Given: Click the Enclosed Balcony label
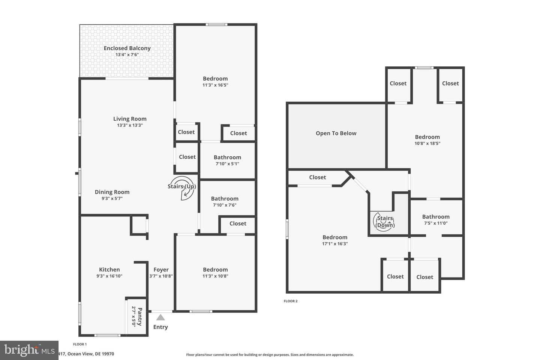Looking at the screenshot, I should tap(127, 48).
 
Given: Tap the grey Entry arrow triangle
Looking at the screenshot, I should tap(160, 317).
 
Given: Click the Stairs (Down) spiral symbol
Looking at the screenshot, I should tap(385, 222).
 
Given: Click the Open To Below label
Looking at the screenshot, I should tap(336, 133).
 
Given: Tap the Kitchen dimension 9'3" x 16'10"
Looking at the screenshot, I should tap(109, 276).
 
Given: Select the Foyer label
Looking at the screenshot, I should tap(161, 269).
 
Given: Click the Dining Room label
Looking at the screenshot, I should tap(112, 192).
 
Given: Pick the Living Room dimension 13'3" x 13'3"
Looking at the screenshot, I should tap(130, 125).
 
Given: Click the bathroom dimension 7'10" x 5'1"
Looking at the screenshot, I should tap(227, 163).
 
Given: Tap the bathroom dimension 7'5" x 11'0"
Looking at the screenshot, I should tap(435, 223).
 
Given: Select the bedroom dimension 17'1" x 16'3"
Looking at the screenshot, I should tap(335, 243).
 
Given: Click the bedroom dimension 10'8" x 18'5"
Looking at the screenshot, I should tap(427, 143).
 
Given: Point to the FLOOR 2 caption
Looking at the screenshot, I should tap(291, 301).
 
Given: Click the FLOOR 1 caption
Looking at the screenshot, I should tap(79, 344).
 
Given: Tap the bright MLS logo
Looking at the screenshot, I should tap(29, 350).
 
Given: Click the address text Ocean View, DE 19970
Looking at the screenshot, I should tap(90, 354).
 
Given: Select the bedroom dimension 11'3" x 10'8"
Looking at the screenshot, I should tap(215, 276).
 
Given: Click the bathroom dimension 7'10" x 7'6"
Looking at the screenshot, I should tap(225, 205).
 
